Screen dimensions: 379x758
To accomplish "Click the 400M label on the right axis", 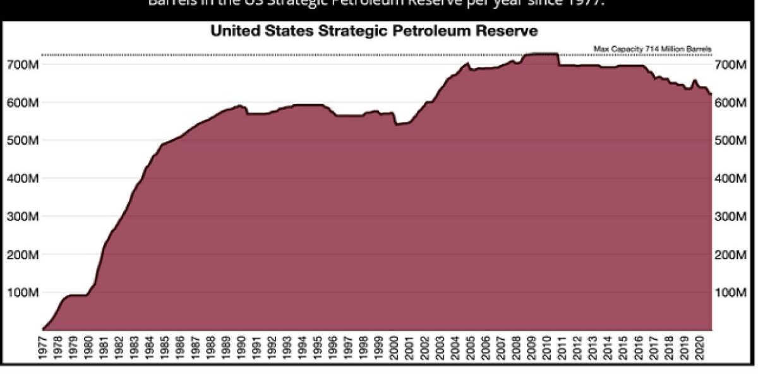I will (731, 179).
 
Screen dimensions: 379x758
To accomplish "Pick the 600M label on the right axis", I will (731, 102).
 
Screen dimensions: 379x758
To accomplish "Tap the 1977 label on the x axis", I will (43, 347).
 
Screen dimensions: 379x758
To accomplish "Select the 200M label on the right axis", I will (731, 255).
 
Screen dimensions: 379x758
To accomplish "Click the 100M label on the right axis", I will (731, 293).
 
